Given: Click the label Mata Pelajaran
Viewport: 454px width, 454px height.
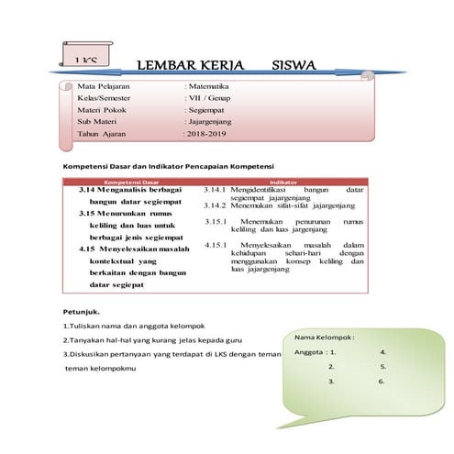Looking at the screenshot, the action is (x=105, y=85).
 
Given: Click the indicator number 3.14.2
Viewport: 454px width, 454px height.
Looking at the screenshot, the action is (x=216, y=205).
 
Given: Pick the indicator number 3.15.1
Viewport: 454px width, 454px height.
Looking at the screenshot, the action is (x=216, y=222).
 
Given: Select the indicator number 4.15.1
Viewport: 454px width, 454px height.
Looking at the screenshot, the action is (x=216, y=245).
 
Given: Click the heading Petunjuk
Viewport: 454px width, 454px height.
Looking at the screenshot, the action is (x=81, y=311).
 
